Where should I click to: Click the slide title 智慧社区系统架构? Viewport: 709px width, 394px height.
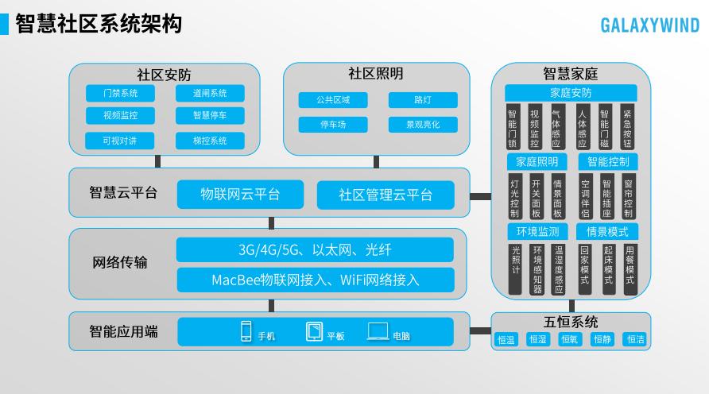point(98,24)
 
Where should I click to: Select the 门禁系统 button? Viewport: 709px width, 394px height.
point(120,93)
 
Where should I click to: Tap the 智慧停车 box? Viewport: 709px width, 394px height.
point(210,116)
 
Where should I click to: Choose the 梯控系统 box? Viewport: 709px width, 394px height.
point(210,141)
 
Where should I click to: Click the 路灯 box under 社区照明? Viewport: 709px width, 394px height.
point(422,100)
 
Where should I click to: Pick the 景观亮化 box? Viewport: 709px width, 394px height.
point(422,125)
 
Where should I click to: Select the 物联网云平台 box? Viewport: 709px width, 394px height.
point(239,195)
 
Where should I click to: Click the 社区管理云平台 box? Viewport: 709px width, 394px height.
point(385,195)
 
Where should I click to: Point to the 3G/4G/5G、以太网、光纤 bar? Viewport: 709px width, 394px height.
point(315,250)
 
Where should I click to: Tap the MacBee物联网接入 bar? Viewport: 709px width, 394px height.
point(315,280)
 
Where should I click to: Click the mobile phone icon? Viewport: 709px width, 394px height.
point(246,332)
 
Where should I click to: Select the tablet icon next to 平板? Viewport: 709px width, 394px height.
point(315,332)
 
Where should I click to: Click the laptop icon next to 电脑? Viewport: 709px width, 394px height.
point(378,332)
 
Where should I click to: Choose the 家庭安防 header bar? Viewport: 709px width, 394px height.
point(571,93)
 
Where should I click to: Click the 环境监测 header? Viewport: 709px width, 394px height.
point(537,232)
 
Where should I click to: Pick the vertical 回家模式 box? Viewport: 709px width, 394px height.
point(584,270)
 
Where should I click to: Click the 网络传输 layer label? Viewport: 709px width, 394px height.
point(120,262)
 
